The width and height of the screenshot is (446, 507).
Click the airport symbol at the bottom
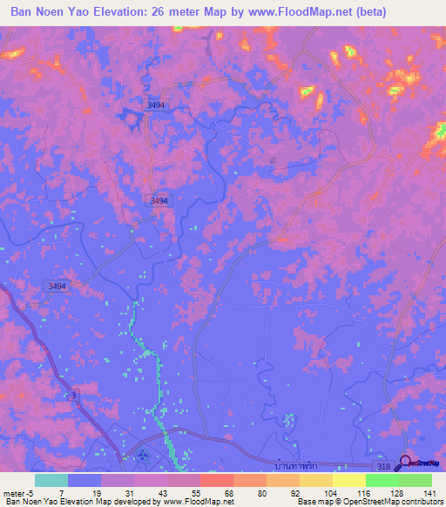click(x=142, y=454)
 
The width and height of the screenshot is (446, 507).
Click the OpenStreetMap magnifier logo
click(x=407, y=462)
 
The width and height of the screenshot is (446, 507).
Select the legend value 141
click(x=430, y=493)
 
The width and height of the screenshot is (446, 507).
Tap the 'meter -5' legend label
click(x=18, y=493)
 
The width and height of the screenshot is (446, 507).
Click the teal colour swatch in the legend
click(x=51, y=480)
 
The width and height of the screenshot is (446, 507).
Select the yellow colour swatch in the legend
click(x=348, y=480)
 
